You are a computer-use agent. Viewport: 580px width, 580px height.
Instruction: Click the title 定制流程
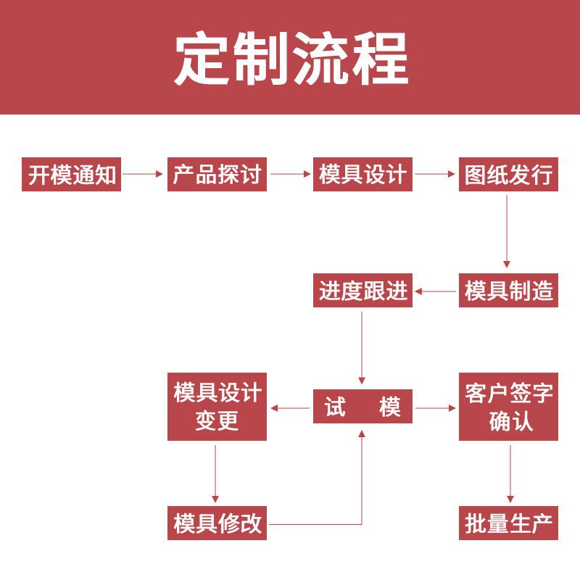coord(290,59)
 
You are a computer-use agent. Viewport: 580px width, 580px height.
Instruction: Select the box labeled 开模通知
coord(72,175)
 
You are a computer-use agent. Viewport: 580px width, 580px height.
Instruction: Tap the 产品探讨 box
coord(217,175)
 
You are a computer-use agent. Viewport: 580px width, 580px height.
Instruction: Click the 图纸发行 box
coord(508,175)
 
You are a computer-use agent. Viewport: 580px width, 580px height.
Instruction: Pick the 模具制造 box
coord(508,291)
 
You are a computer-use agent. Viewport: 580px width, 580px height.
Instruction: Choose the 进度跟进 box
coord(362,291)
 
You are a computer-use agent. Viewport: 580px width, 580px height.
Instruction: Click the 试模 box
coord(362,407)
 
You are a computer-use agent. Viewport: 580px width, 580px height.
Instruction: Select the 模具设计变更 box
coord(217,407)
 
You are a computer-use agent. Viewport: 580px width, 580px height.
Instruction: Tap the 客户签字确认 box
coord(508,407)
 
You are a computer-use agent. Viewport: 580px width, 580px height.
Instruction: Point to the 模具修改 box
coord(217,523)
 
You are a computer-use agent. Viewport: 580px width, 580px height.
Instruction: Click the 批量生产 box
coord(508,523)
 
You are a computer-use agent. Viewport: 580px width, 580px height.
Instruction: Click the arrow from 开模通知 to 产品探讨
coord(144,175)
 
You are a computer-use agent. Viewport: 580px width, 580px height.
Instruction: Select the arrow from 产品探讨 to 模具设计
coord(290,175)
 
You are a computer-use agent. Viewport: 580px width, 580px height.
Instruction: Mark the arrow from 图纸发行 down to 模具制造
coord(507,232)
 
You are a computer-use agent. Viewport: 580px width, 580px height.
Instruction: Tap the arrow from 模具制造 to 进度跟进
coord(435,291)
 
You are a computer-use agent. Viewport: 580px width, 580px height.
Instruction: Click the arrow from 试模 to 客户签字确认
coord(435,408)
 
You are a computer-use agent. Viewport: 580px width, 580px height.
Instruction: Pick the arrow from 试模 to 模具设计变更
coord(290,408)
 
